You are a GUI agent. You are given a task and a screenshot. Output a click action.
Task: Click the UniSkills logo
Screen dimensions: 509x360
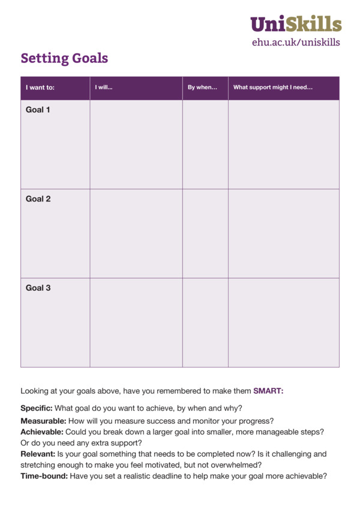click(x=296, y=24)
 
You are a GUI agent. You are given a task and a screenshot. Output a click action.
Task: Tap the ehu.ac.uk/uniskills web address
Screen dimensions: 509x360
click(x=296, y=42)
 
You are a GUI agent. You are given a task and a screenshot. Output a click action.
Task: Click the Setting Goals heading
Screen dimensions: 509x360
click(x=64, y=58)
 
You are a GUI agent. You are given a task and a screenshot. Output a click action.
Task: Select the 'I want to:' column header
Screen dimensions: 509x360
click(x=40, y=88)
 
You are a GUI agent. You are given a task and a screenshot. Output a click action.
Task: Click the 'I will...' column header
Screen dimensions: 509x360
click(x=104, y=88)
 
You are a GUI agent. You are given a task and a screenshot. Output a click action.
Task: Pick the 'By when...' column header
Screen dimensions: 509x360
click(x=202, y=88)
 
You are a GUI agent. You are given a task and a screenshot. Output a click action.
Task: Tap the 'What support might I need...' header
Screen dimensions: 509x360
click(x=272, y=88)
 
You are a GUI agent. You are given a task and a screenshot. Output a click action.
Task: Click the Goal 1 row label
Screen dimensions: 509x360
click(x=38, y=110)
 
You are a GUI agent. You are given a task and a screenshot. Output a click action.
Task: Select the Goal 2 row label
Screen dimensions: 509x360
click(x=38, y=198)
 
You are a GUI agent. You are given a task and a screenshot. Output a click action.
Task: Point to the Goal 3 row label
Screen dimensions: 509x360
click(x=38, y=288)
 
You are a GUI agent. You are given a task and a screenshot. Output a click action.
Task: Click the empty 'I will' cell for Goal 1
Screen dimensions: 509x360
click(x=136, y=144)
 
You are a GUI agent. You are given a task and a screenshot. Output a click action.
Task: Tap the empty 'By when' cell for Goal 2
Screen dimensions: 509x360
click(x=205, y=233)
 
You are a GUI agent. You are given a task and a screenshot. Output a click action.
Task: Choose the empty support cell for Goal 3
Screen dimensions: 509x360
click(x=283, y=323)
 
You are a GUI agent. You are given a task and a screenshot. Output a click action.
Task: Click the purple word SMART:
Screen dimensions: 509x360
click(x=268, y=391)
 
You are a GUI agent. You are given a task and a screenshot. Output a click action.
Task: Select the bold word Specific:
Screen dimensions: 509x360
click(x=37, y=408)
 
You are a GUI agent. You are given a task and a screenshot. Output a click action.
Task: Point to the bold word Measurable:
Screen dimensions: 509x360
click(x=43, y=421)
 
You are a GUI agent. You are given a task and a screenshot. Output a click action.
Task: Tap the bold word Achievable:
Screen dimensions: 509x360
click(x=42, y=432)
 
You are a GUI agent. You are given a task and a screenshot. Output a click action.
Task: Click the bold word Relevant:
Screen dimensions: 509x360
click(x=38, y=454)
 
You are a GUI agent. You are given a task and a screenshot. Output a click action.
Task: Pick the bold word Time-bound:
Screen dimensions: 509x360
click(x=44, y=476)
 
